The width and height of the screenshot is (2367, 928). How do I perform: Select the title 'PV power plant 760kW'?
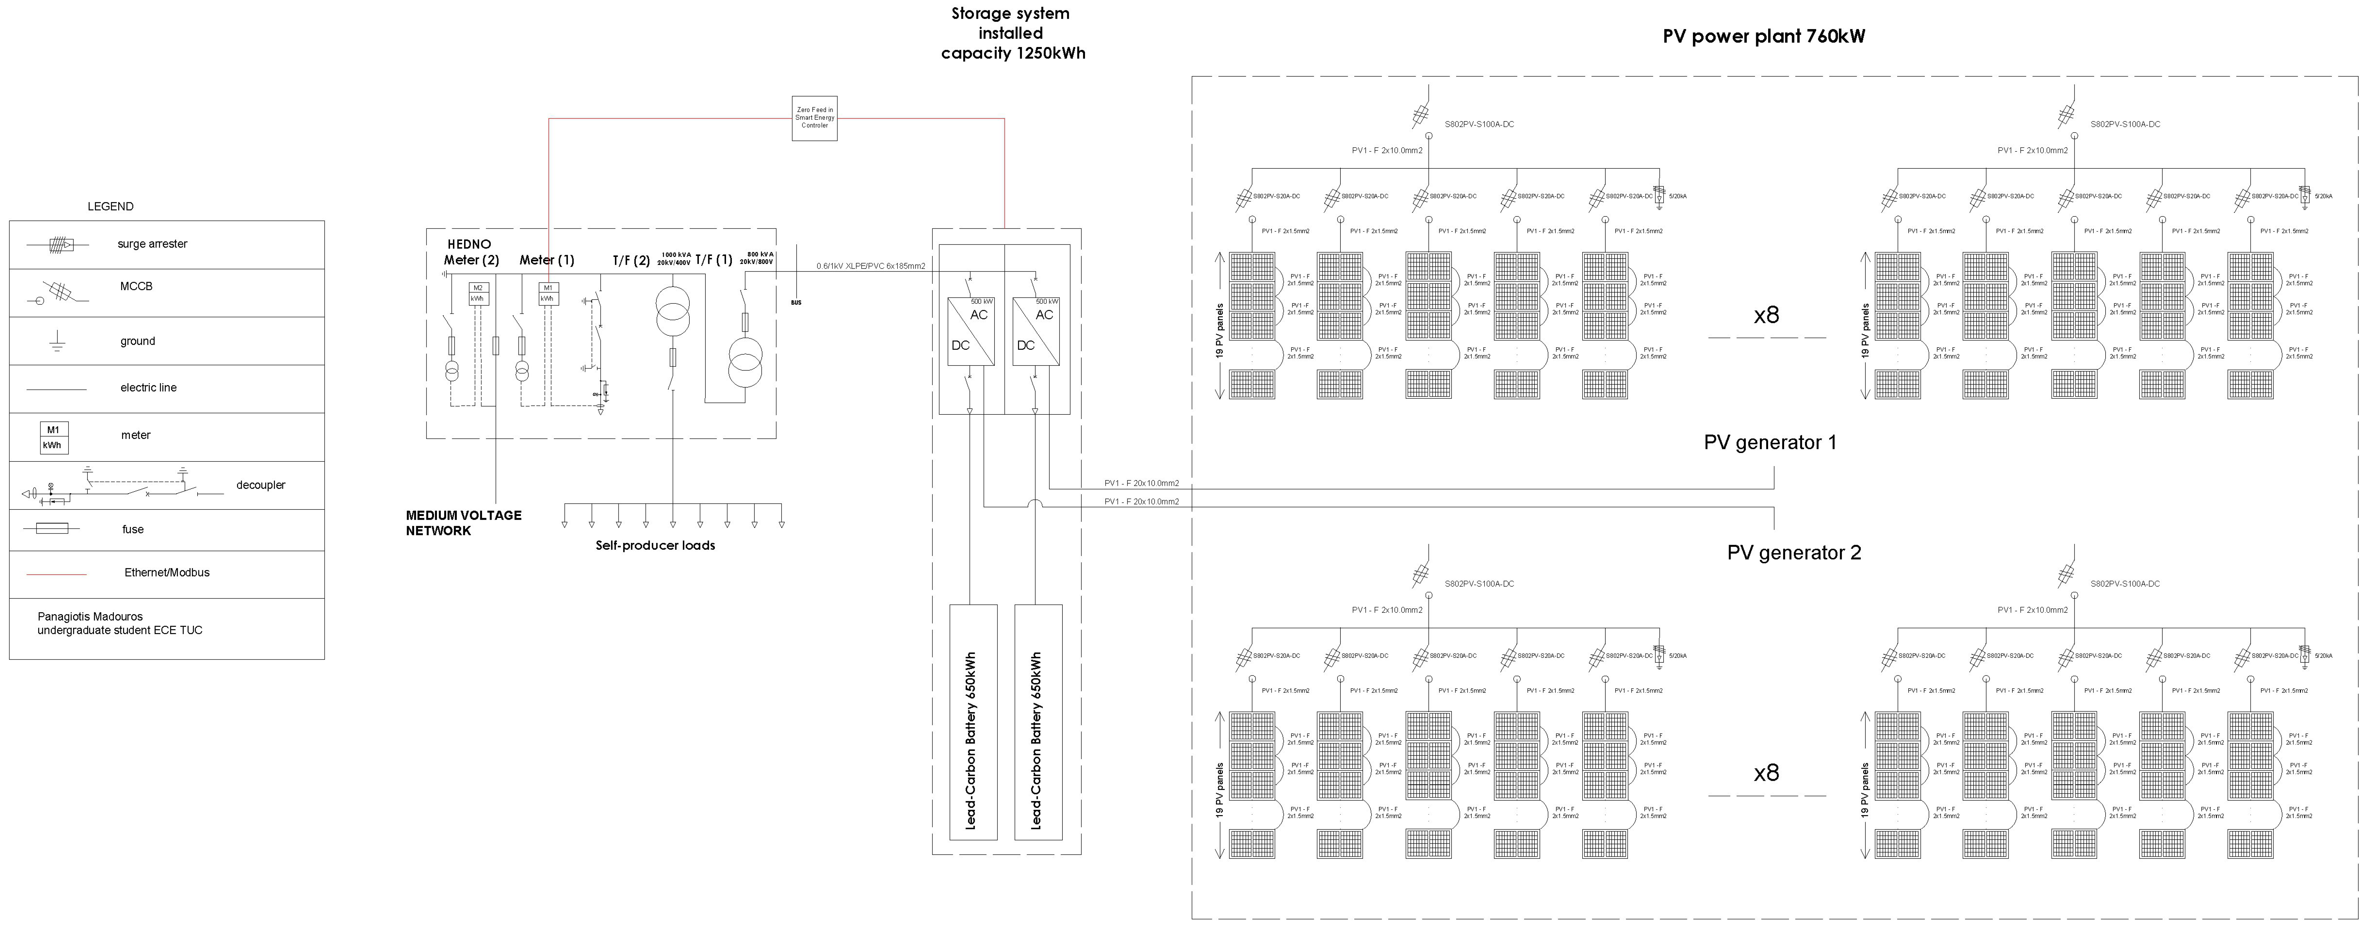tap(1763, 37)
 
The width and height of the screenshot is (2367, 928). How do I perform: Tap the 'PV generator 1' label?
tap(1770, 442)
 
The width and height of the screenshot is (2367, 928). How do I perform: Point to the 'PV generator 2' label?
tap(1794, 552)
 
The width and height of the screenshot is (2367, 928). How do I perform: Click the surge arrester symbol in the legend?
tap(62, 244)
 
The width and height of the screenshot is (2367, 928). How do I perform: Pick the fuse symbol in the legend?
tap(52, 529)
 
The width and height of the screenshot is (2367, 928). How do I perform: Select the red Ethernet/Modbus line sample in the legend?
tap(57, 573)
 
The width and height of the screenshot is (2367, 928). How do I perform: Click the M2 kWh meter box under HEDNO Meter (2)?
tap(478, 293)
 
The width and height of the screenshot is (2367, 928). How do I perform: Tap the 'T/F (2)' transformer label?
tap(631, 260)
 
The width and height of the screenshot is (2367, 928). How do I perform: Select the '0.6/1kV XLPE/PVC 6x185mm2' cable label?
tap(870, 266)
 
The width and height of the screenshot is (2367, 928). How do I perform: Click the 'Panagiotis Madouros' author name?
tap(90, 616)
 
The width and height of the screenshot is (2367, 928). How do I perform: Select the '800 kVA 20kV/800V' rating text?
tap(758, 257)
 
